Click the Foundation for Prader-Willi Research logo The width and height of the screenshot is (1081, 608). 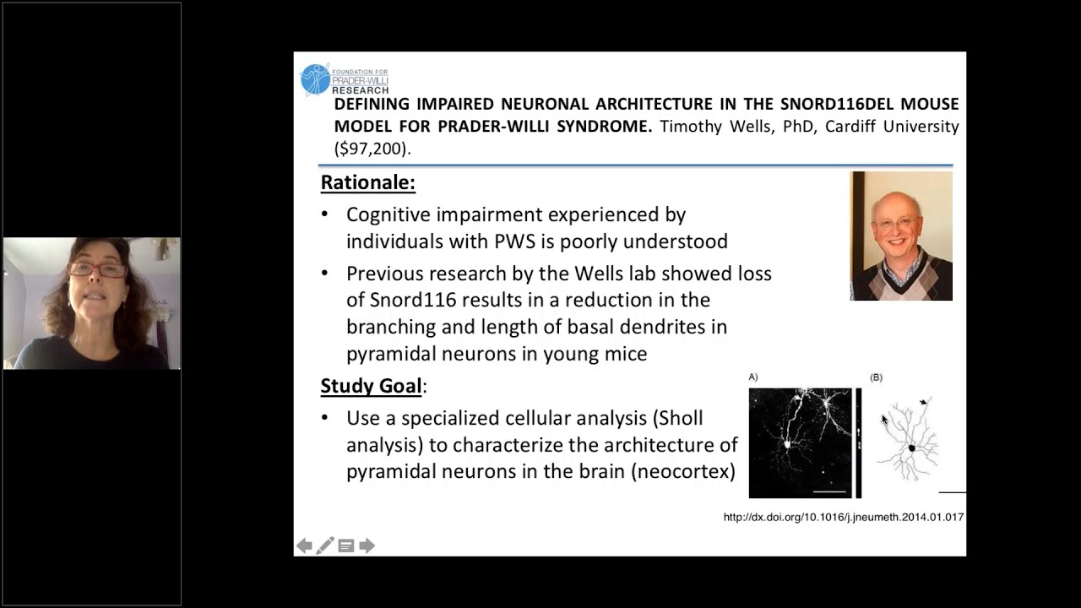(x=345, y=79)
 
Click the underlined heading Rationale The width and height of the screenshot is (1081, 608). (x=367, y=182)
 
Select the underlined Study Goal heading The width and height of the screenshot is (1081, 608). (x=371, y=386)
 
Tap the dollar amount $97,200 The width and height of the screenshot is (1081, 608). (x=372, y=149)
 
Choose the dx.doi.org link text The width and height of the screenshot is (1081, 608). (x=843, y=517)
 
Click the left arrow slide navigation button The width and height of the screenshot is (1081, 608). (x=304, y=546)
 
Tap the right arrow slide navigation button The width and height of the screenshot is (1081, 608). (x=367, y=546)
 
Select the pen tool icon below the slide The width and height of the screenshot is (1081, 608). (x=325, y=546)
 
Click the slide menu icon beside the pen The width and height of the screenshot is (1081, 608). (x=345, y=546)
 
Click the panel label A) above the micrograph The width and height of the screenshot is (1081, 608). (x=753, y=377)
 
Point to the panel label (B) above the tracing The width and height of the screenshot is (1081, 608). (x=876, y=377)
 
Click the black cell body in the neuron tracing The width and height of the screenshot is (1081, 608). (x=911, y=448)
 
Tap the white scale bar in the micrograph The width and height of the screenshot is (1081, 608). (x=829, y=490)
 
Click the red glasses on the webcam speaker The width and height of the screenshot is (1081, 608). (x=97, y=270)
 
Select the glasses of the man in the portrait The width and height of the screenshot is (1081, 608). (x=898, y=223)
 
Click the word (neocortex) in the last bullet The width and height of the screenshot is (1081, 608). (x=683, y=470)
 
